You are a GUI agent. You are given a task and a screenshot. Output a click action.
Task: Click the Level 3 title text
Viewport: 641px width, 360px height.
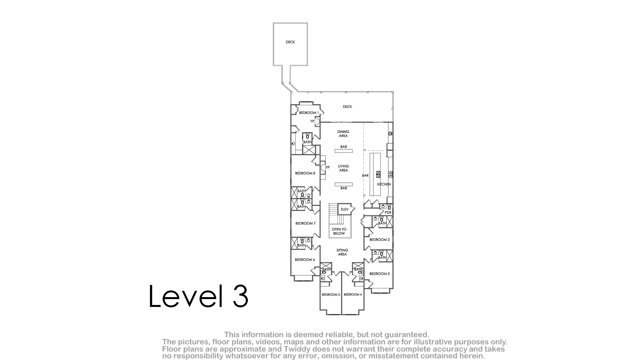pyautogui.click(x=198, y=296)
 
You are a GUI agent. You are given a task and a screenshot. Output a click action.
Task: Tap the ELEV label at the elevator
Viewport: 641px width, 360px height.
pyautogui.click(x=344, y=209)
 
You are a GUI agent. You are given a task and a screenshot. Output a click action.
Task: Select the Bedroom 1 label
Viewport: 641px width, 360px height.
pyautogui.click(x=309, y=113)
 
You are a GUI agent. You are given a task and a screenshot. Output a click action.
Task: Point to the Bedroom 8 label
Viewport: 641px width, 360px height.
pyautogui.click(x=305, y=173)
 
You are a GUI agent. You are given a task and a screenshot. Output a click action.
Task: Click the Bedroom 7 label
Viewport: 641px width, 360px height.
pyautogui.click(x=305, y=223)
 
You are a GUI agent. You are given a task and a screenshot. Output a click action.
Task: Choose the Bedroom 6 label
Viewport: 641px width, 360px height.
pyautogui.click(x=305, y=260)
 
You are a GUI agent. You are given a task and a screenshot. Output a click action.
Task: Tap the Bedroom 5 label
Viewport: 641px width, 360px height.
pyautogui.click(x=331, y=295)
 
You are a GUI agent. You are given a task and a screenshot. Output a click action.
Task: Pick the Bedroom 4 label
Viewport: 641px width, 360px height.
pyautogui.click(x=353, y=295)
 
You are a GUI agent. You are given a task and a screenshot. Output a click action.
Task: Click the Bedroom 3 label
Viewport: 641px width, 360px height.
pyautogui.click(x=379, y=274)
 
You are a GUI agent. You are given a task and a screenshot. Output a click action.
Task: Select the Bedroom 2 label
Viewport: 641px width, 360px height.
pyautogui.click(x=379, y=240)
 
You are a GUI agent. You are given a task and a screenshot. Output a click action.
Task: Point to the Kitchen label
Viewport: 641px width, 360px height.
pyautogui.click(x=384, y=184)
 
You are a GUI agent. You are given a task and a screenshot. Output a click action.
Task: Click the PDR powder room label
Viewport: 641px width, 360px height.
pyautogui.click(x=388, y=213)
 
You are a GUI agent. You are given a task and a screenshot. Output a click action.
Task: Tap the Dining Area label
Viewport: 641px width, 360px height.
pyautogui.click(x=343, y=134)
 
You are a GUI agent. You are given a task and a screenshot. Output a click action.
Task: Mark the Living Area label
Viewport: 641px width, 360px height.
pyautogui.click(x=343, y=168)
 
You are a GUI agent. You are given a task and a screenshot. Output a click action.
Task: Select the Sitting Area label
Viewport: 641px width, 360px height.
pyautogui.click(x=342, y=252)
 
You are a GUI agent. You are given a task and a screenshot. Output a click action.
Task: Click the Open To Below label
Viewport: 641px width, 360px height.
pyautogui.click(x=339, y=231)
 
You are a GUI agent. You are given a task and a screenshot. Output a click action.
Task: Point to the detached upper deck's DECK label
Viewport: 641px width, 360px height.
pyautogui.click(x=290, y=42)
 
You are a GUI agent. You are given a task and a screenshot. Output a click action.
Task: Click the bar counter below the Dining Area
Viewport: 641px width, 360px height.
pyautogui.click(x=344, y=151)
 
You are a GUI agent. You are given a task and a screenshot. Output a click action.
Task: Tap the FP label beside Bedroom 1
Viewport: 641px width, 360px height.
pyautogui.click(x=313, y=121)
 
